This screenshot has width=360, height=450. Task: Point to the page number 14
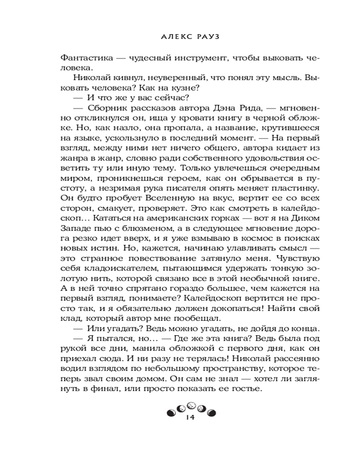tap(189, 418)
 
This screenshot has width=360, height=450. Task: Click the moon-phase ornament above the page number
tap(189, 408)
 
